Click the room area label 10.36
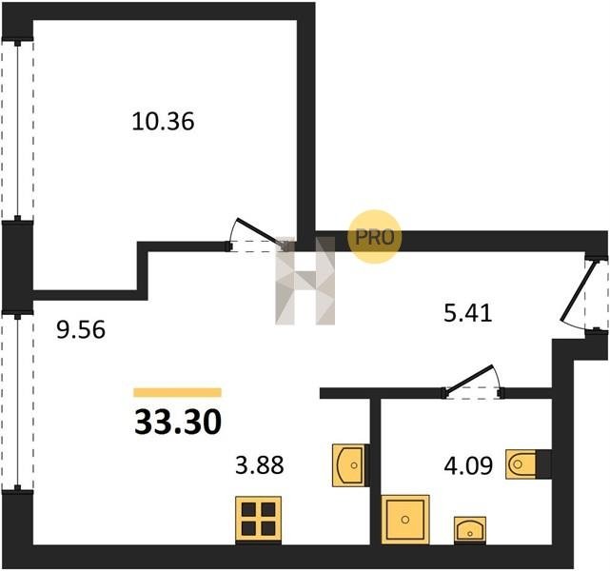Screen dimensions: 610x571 point(163,121)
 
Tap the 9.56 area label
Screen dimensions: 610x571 point(81,330)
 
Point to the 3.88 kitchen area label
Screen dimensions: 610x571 point(260,464)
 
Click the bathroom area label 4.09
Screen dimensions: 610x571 point(468,465)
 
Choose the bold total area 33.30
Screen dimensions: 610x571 point(178,422)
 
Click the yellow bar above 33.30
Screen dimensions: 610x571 point(177,392)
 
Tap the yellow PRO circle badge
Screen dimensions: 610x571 point(374,237)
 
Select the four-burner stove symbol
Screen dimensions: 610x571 point(258,519)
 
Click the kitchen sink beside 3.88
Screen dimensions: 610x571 point(349,465)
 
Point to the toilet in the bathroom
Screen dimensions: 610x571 point(521,464)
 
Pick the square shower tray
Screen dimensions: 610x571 point(405,520)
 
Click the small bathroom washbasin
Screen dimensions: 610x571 point(470,529)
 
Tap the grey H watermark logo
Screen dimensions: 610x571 point(305,281)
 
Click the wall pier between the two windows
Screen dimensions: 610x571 point(17,266)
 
